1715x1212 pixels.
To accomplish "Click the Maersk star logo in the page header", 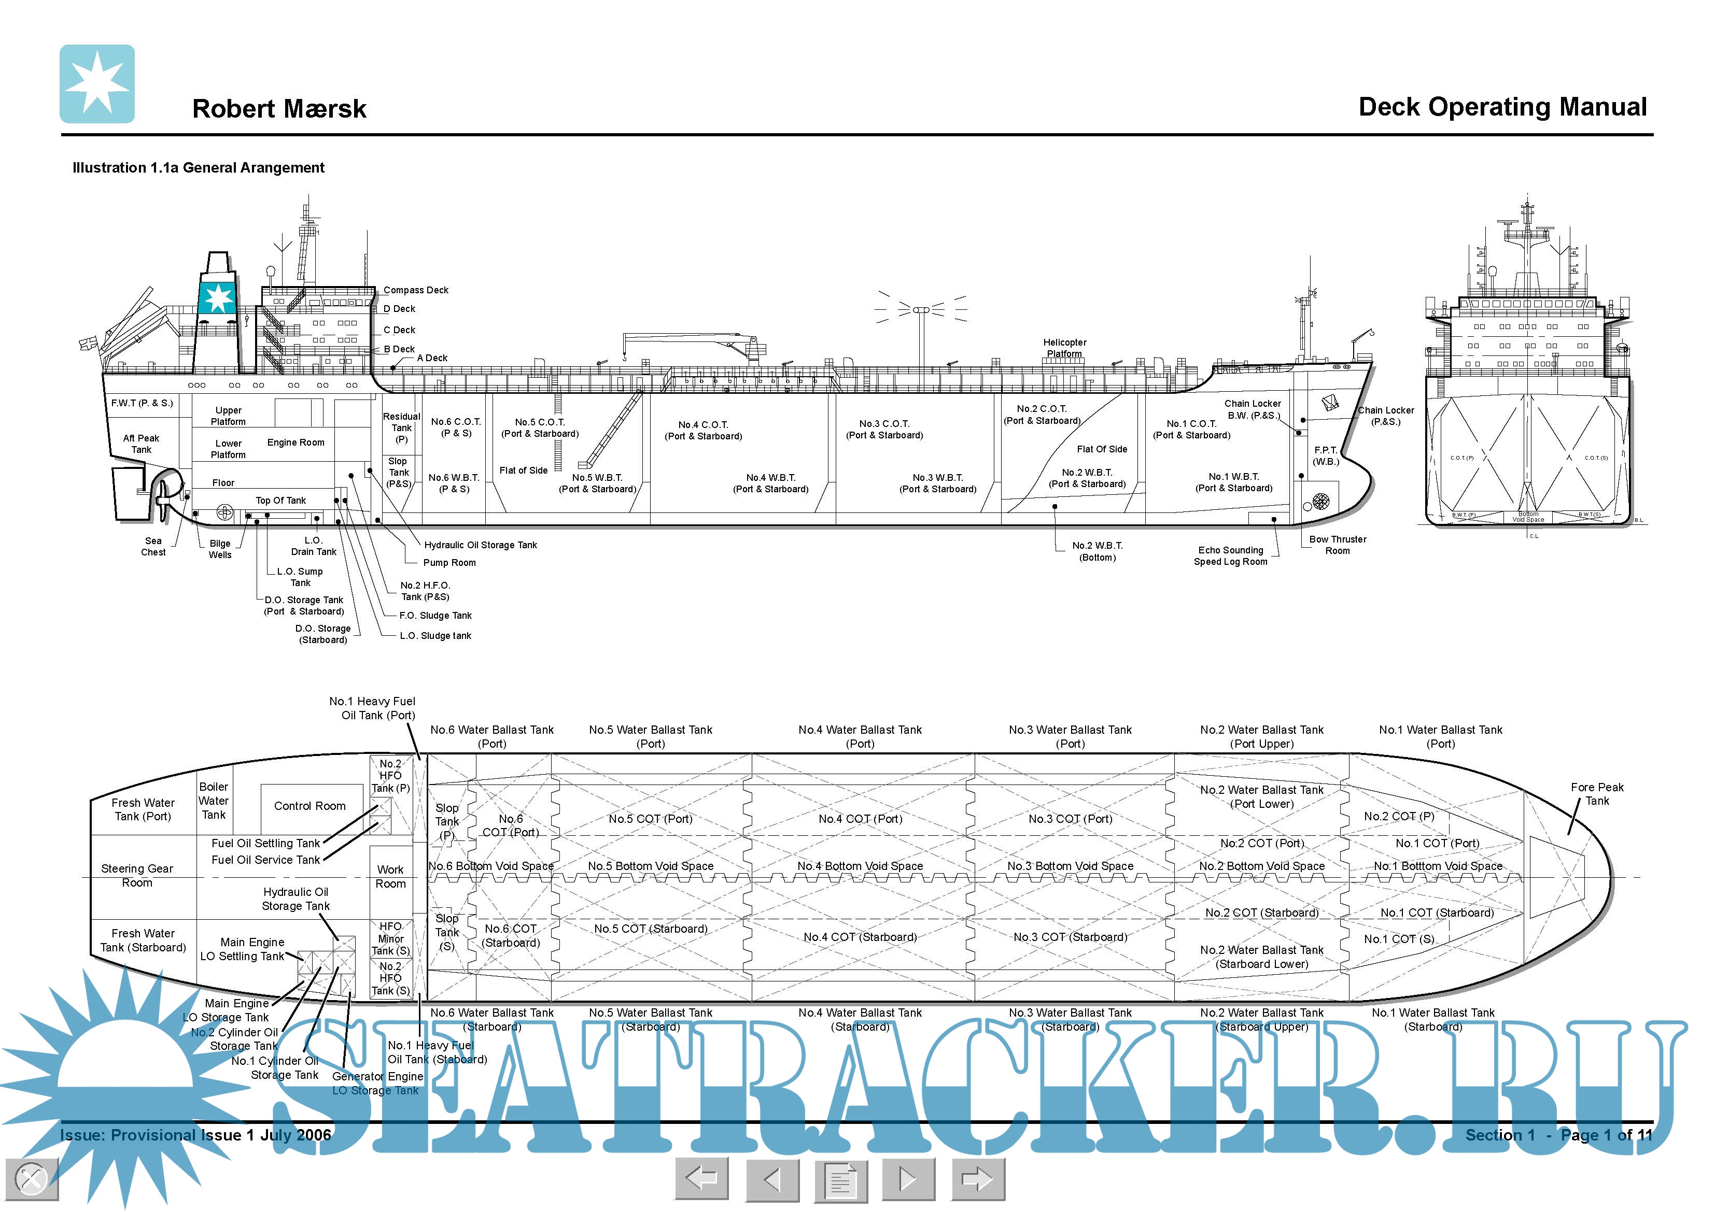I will click(x=97, y=83).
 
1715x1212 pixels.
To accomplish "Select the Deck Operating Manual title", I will click(x=1501, y=107).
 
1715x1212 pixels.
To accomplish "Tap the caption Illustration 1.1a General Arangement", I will click(x=198, y=168).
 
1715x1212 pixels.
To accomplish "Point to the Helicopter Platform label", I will click(x=1064, y=348).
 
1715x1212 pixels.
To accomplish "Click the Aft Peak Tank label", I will click(x=141, y=444).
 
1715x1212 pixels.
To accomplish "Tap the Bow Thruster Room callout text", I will click(x=1337, y=545).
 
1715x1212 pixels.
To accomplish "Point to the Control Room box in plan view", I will click(x=309, y=806).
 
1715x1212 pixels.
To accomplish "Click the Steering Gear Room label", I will click(x=137, y=876).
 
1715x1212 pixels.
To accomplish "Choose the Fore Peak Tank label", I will click(x=1597, y=794).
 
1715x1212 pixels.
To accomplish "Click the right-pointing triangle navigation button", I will click(x=908, y=1180).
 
